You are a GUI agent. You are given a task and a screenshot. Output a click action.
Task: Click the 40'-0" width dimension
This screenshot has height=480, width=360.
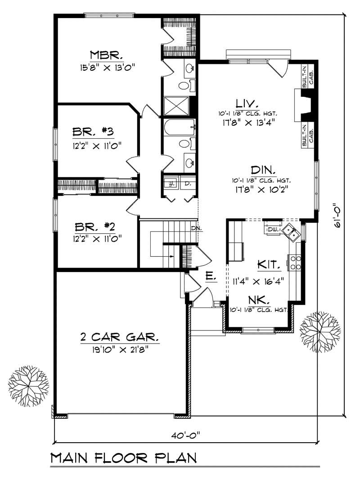coord(184,435)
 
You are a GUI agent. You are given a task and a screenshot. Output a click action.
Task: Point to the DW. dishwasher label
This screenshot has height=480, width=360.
coord(272,230)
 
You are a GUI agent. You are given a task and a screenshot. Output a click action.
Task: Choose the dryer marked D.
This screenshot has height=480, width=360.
coord(188,184)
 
